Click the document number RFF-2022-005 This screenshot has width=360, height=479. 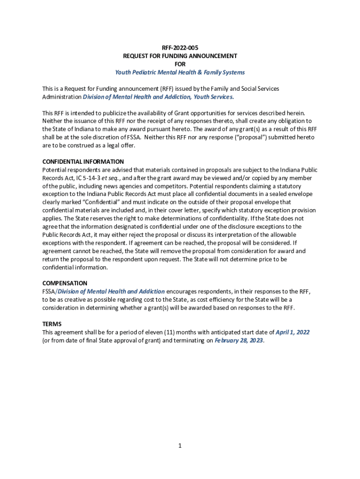pyautogui.click(x=180, y=48)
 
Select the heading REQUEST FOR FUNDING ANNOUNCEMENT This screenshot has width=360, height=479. pyautogui.click(x=180, y=56)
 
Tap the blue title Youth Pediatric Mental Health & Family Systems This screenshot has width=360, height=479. pyautogui.click(x=180, y=73)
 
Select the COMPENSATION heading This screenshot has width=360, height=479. pyautogui.click(x=65, y=283)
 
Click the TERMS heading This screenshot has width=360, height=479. pyautogui.click(x=52, y=324)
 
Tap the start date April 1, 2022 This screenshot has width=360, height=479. pyautogui.click(x=292, y=332)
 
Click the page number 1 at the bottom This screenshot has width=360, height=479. pyautogui.click(x=180, y=446)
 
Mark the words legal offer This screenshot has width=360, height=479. pyautogui.click(x=119, y=145)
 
